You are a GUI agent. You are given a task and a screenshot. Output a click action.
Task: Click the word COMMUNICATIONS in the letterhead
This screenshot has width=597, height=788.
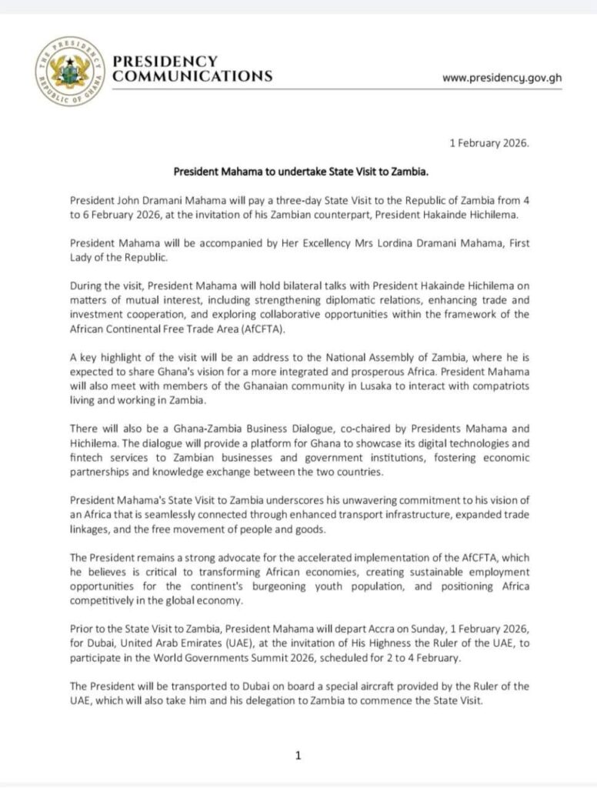coord(192,76)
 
